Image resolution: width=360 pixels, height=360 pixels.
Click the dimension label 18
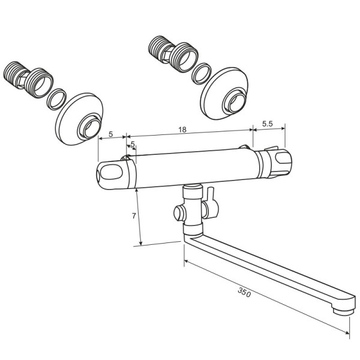click(x=182, y=130)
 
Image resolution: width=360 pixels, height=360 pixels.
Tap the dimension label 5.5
click(x=268, y=124)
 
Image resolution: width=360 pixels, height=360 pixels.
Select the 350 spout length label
click(x=244, y=293)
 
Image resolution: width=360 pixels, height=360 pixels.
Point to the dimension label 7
click(x=134, y=216)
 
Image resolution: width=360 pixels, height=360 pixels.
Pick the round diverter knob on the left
click(x=179, y=214)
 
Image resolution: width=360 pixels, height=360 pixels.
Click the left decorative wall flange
click(x=79, y=119)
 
